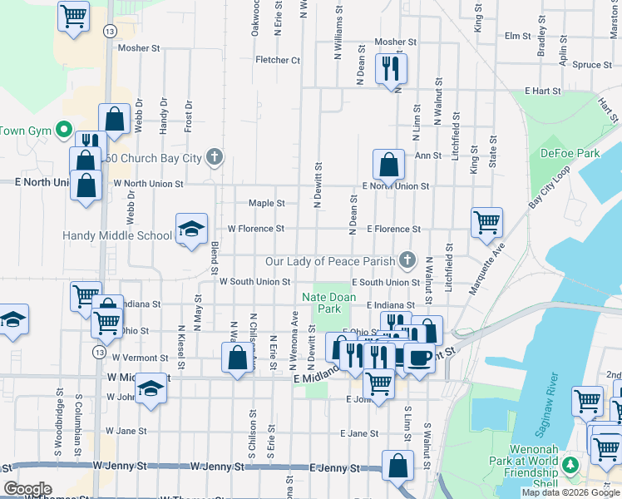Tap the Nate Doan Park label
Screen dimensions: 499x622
click(x=328, y=303)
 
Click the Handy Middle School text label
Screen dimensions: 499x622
click(x=116, y=235)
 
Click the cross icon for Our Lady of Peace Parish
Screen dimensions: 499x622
click(x=407, y=260)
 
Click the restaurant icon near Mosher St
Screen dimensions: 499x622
click(x=390, y=67)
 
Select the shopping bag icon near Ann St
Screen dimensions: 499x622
click(x=388, y=165)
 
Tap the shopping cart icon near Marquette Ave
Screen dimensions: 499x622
click(x=486, y=222)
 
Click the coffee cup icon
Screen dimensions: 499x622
click(x=419, y=357)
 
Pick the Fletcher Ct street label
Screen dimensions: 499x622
click(x=278, y=60)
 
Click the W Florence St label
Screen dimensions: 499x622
click(x=256, y=229)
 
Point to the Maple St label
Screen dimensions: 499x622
click(x=267, y=203)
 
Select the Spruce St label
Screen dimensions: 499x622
click(x=592, y=65)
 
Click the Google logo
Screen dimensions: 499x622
click(x=27, y=489)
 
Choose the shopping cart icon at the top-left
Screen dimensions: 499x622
click(x=73, y=16)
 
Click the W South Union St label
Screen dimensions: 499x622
click(x=254, y=282)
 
